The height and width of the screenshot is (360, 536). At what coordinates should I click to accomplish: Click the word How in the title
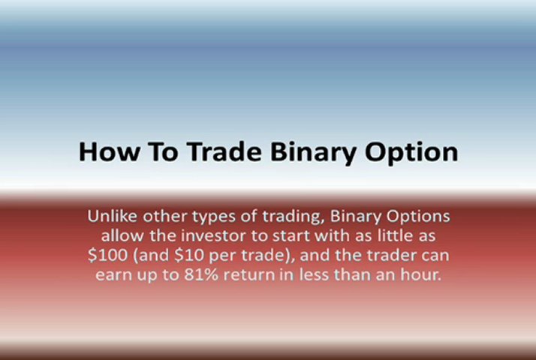click(x=107, y=152)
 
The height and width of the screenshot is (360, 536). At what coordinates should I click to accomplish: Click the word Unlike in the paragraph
click(x=111, y=216)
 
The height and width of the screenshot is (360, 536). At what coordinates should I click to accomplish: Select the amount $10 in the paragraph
click(x=188, y=255)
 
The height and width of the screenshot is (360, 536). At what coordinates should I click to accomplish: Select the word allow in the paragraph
click(x=119, y=235)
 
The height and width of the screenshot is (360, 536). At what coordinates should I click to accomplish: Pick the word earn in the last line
click(x=113, y=274)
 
